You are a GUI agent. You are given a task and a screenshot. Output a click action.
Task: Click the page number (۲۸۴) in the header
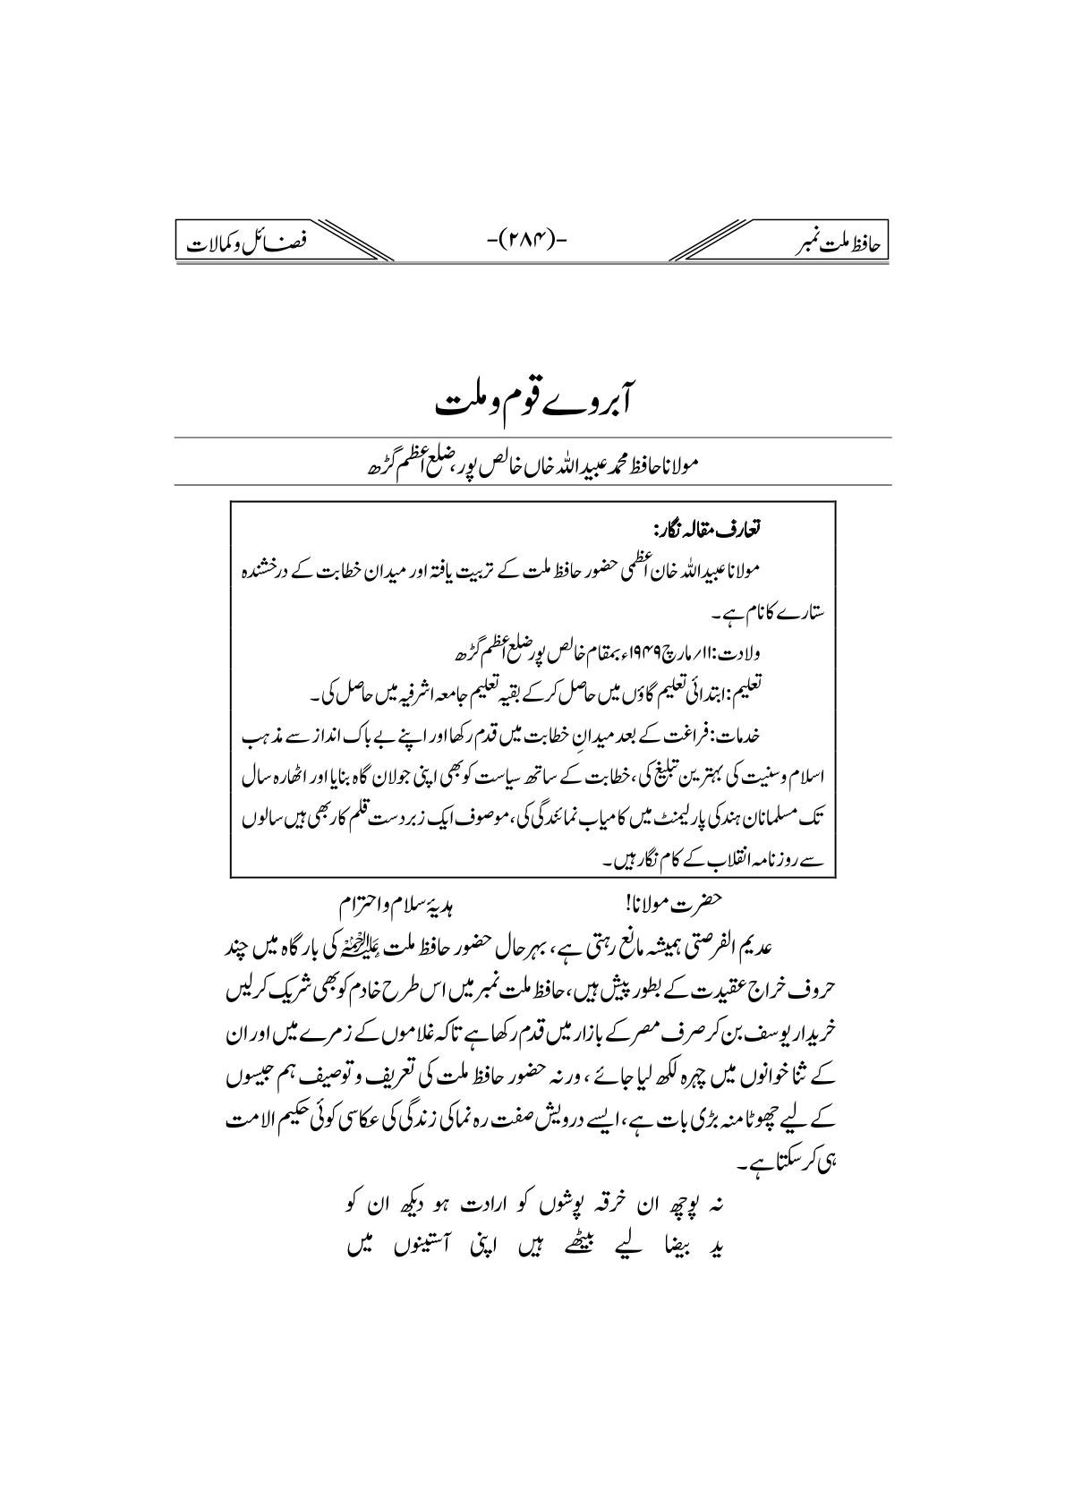[x=532, y=240]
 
